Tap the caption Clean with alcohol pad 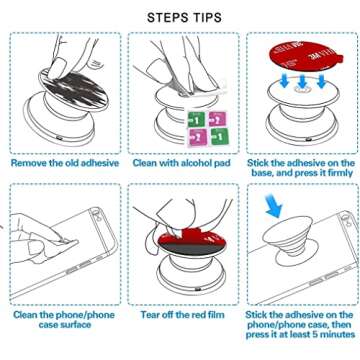(x=181, y=161)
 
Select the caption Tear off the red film (x=180, y=313)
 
